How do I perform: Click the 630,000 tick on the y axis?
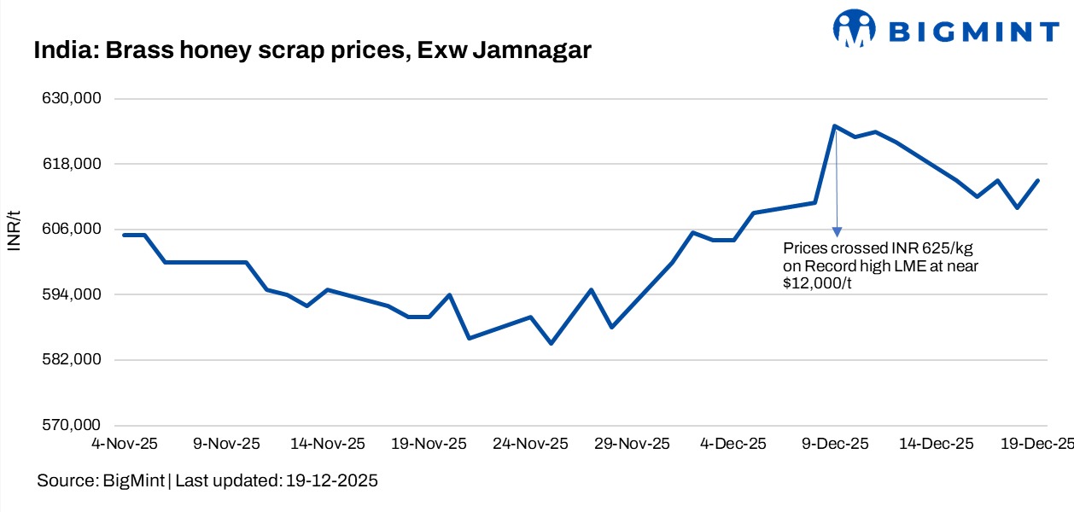(x=73, y=99)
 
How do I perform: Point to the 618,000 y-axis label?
(x=73, y=164)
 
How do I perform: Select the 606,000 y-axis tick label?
(x=73, y=230)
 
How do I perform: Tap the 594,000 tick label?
(x=73, y=294)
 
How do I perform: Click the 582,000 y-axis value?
(x=73, y=360)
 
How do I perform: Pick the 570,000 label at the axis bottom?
(x=73, y=425)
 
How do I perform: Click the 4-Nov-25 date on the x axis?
(x=124, y=444)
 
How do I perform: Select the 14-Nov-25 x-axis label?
(x=329, y=444)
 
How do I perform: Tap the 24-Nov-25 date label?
(x=531, y=444)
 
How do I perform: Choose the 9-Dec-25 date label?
(x=834, y=444)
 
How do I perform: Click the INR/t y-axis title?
(x=15, y=229)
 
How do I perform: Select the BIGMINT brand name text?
(x=973, y=32)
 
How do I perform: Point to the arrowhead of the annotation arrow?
(x=837, y=231)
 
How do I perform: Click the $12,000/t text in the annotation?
(x=819, y=283)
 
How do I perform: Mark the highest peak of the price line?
(x=834, y=126)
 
